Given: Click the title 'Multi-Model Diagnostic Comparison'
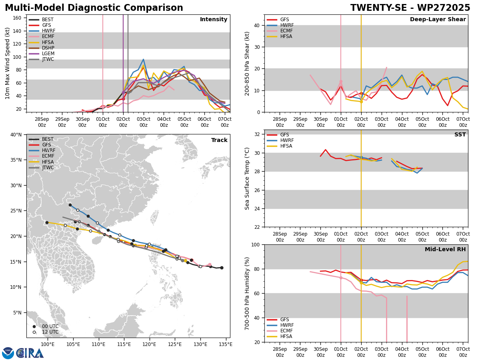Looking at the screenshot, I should (94, 8).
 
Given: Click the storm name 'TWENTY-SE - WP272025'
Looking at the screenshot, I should (410, 8).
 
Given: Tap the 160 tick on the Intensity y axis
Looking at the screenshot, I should (18, 18).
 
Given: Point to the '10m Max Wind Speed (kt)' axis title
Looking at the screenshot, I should (8, 63).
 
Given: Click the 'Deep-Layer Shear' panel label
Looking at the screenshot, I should (438, 20).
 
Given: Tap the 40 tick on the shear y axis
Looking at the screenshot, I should (256, 25).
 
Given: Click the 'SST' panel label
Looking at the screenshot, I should (460, 135).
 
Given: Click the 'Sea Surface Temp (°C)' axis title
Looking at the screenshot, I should (248, 178).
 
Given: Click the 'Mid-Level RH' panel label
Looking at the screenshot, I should (445, 250).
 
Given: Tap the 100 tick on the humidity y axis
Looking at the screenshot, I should (254, 244).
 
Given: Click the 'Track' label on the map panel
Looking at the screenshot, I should (219, 140).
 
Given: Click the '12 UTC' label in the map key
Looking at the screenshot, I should (50, 332).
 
